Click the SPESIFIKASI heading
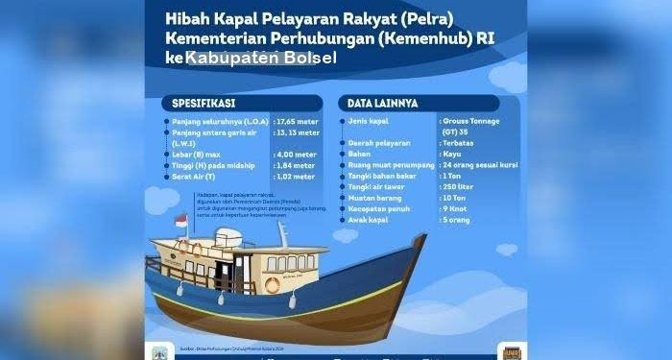click(204, 102)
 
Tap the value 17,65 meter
click(296, 123)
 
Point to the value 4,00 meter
click(295, 154)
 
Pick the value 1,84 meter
click(295, 165)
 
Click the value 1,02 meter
click(295, 177)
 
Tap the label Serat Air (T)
click(199, 177)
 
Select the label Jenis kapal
click(370, 123)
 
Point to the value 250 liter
click(458, 186)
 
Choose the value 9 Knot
click(454, 209)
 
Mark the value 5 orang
click(456, 220)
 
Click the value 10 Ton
click(454, 198)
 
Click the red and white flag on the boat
click(180, 222)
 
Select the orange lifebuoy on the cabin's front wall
click(272, 285)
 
